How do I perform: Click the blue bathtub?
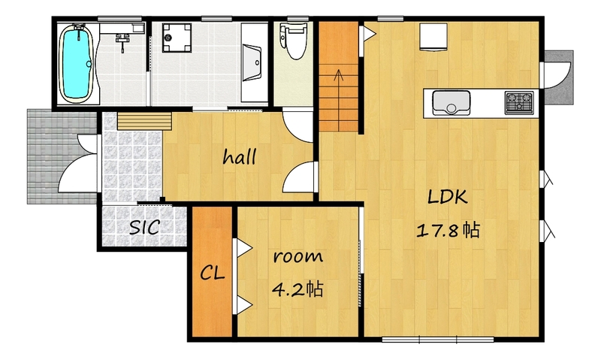pyautogui.click(x=77, y=64)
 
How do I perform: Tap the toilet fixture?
pyautogui.click(x=294, y=41)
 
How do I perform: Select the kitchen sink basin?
pyautogui.click(x=452, y=102)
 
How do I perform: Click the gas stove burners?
pyautogui.click(x=519, y=102)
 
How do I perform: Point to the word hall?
pyautogui.click(x=240, y=157)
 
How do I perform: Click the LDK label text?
pyautogui.click(x=447, y=197)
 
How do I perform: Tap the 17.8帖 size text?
pyautogui.click(x=448, y=231)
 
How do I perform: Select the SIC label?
pyautogui.click(x=144, y=227)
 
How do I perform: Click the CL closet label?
pyautogui.click(x=213, y=273)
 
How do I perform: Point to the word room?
pyautogui.click(x=297, y=256)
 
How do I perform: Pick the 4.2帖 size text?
pyautogui.click(x=297, y=289)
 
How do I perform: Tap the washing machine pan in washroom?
pyautogui.click(x=177, y=38)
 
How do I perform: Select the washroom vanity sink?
pyautogui.click(x=252, y=62)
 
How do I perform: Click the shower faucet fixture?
pyautogui.click(x=122, y=41)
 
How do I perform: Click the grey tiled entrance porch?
pyautogui.click(x=62, y=156)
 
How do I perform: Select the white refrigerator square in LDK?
pyautogui.click(x=433, y=37)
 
